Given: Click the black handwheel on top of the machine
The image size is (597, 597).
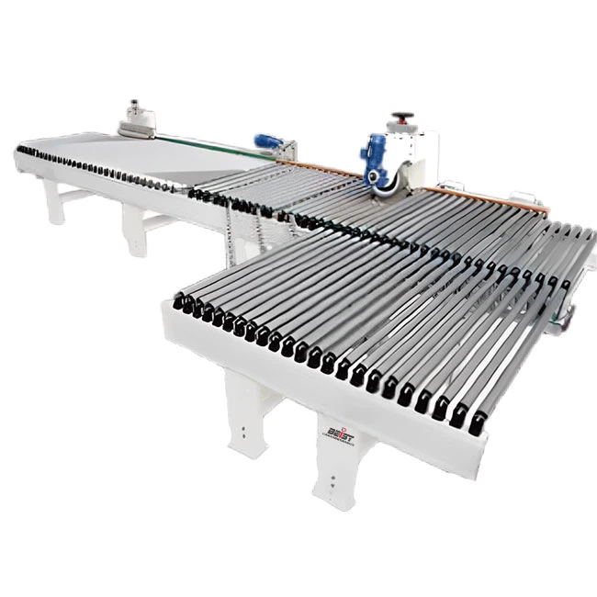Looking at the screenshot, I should [x=401, y=118].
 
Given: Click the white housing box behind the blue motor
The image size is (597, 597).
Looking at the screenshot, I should [x=413, y=152].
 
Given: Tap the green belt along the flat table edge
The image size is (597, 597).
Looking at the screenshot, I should [x=220, y=145].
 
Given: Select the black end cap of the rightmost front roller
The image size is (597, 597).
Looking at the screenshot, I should [x=478, y=423].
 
